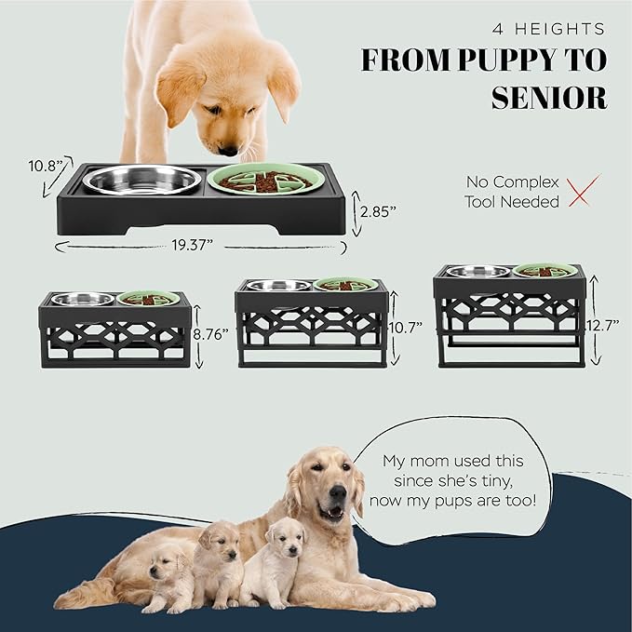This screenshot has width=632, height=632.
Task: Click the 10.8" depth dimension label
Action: pos(43,167)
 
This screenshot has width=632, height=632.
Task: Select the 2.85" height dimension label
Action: pos(379,211)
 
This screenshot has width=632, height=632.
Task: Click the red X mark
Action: pos(583,190)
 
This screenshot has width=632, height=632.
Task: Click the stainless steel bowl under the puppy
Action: pos(141,179)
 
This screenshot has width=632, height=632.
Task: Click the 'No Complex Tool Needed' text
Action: pos(513,192)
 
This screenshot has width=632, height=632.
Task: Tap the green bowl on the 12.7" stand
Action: pos(545,272)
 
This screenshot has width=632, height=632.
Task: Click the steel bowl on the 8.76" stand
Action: pos(83,299)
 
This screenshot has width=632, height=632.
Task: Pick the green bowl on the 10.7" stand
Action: pos(345,285)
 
